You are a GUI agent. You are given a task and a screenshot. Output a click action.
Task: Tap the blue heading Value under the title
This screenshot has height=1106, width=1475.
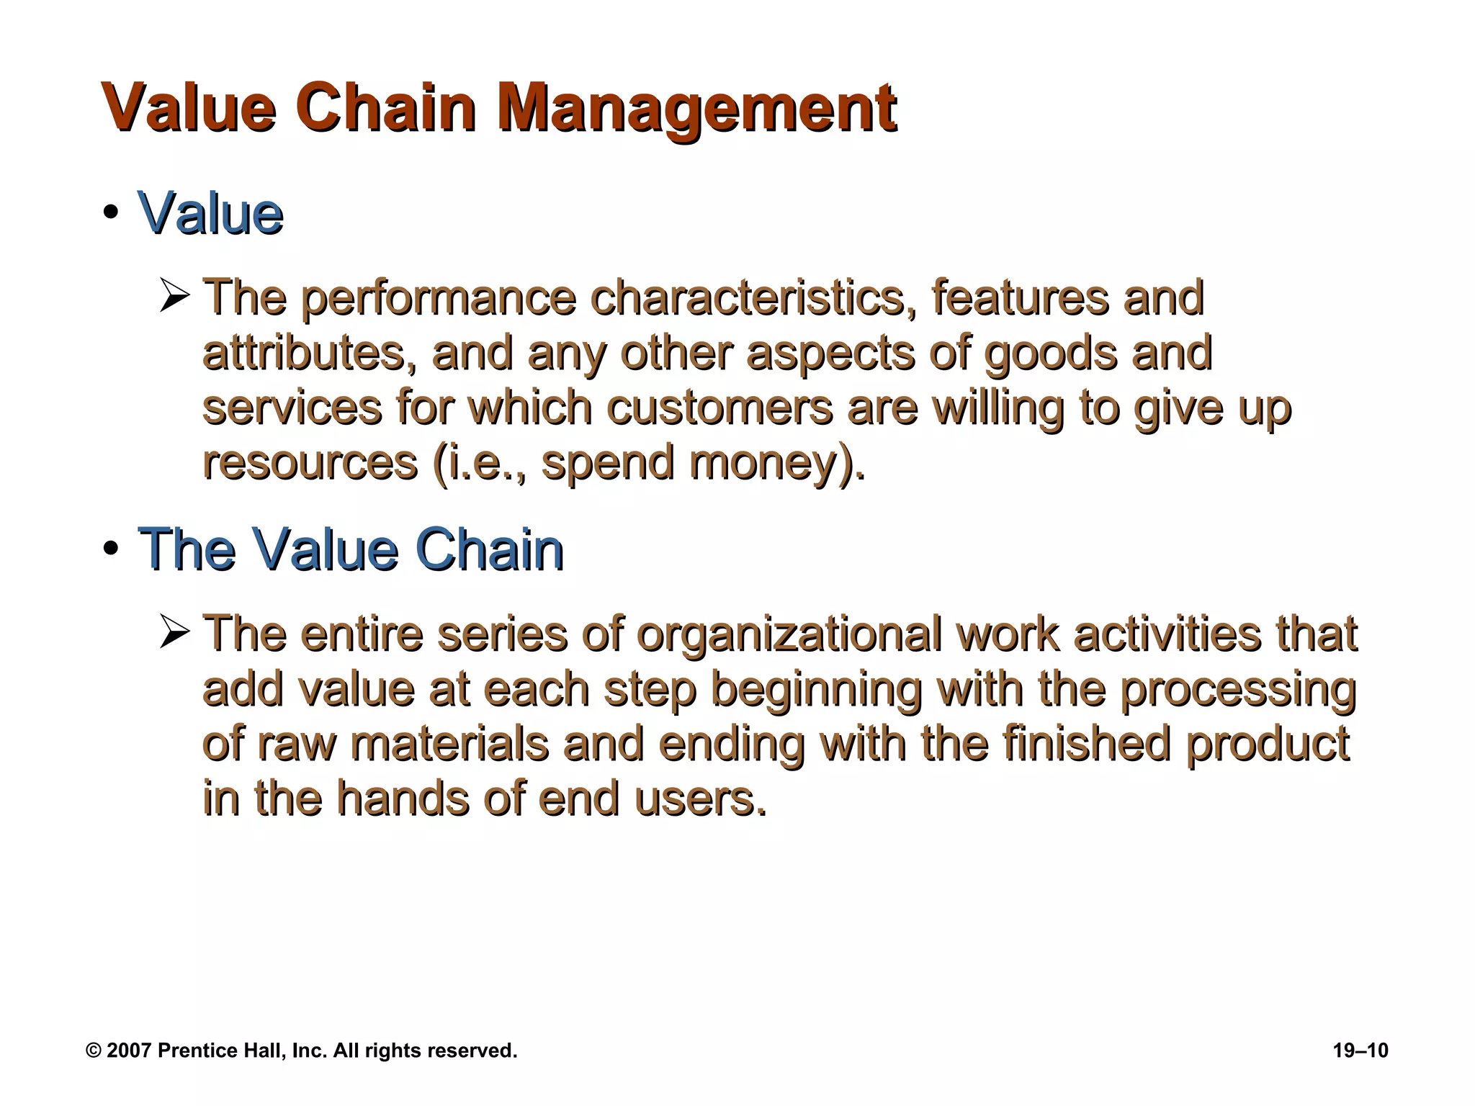(210, 213)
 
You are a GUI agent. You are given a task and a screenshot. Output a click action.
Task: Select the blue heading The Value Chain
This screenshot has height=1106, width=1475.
(351, 550)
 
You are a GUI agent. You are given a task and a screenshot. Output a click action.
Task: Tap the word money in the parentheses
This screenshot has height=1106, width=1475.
(766, 462)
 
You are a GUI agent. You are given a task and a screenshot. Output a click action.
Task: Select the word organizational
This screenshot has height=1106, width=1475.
(789, 634)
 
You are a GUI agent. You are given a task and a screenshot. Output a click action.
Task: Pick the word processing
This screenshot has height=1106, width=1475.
(1238, 689)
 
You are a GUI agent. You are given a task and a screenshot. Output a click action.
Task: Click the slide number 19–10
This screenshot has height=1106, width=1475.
(1360, 1051)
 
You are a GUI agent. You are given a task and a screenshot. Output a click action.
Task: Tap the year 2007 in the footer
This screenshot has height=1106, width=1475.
(128, 1051)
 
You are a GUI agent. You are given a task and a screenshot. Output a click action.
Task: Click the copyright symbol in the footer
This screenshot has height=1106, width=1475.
(94, 1051)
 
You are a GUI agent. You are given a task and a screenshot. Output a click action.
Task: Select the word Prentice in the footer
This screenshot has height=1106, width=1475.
(190, 1051)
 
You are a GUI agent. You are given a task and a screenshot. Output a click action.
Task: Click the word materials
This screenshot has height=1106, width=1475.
(449, 744)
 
